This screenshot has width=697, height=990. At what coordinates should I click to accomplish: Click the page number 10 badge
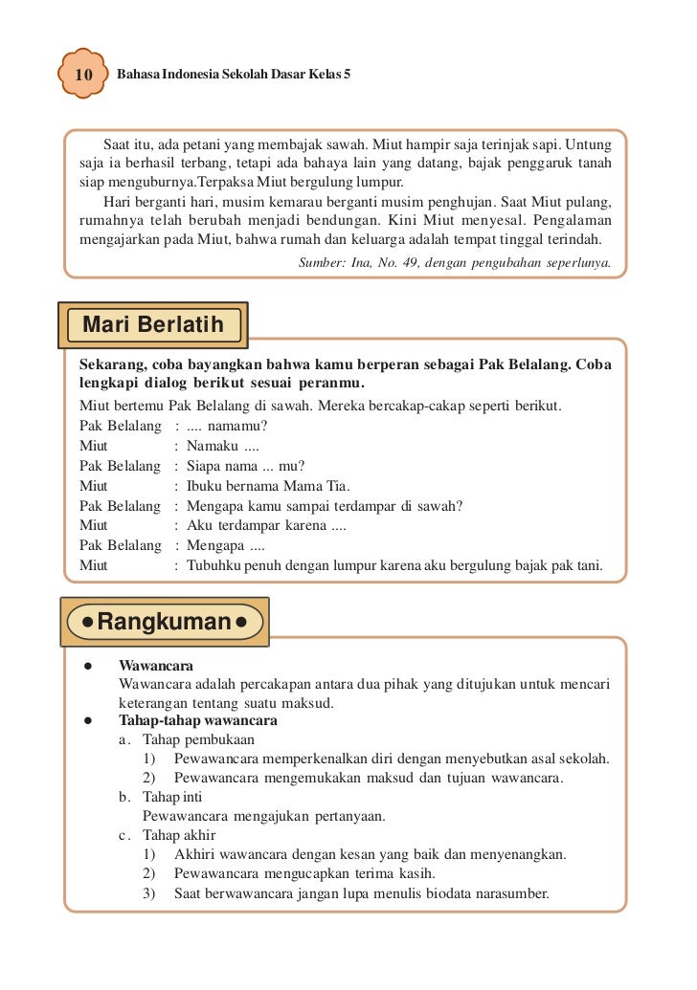[x=82, y=75]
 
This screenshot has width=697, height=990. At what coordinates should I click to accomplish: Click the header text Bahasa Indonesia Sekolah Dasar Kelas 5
[x=234, y=74]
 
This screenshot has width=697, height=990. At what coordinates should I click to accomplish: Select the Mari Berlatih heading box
[x=153, y=325]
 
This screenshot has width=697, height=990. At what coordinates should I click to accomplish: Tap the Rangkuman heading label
[x=165, y=622]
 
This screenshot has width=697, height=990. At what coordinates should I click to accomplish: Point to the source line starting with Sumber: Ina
[x=455, y=260]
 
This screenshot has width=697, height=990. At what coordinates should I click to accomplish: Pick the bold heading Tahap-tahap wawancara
[x=197, y=720]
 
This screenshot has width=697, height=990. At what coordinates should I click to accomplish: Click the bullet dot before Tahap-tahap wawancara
[x=86, y=720]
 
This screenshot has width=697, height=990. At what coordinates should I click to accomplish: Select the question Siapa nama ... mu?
[x=245, y=466]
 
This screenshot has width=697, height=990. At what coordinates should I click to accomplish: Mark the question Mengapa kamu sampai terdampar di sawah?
[x=325, y=505]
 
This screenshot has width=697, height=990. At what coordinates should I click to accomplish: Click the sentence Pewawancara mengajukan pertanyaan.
[x=263, y=816]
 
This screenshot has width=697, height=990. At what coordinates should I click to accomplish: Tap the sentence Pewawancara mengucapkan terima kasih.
[x=304, y=873]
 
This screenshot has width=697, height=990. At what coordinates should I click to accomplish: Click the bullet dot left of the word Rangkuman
[x=87, y=623]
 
